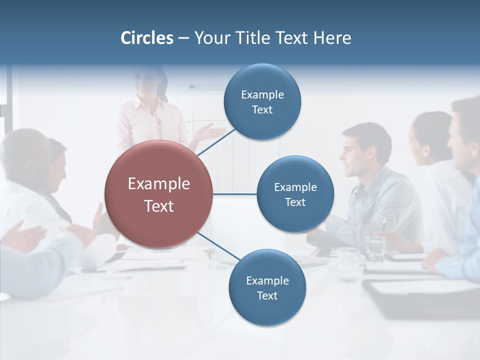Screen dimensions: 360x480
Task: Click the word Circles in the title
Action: coord(146,38)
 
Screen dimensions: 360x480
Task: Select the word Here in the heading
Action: coord(332,38)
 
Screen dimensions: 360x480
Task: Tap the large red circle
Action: coord(158,194)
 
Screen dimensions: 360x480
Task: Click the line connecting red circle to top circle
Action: coord(216,142)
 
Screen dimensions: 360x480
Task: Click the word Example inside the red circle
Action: coord(158,183)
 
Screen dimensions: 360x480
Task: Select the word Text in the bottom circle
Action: coord(267,295)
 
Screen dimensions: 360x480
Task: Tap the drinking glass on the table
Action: coord(374,246)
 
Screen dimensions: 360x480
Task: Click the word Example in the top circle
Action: coord(262,94)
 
